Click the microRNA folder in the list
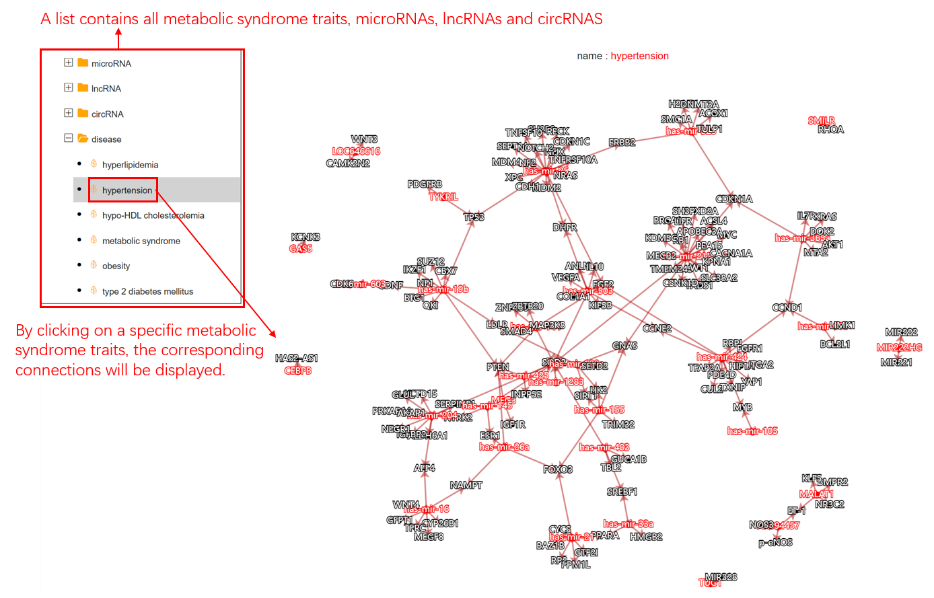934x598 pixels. [x=111, y=64]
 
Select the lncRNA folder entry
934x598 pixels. [x=106, y=89]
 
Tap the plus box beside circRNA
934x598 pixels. [x=69, y=113]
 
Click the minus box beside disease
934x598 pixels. [x=69, y=139]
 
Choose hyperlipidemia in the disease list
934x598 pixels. [x=130, y=165]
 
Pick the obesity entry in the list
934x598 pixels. [x=116, y=266]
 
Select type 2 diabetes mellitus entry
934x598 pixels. [x=147, y=291]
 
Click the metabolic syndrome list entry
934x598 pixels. [x=141, y=241]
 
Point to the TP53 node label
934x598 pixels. [x=474, y=217]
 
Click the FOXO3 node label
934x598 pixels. [x=558, y=470]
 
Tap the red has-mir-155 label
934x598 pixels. [x=599, y=410]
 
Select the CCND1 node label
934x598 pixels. [x=787, y=307]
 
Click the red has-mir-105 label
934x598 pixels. [x=752, y=431]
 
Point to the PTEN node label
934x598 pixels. [x=498, y=367]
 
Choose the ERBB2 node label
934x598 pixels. [x=622, y=143]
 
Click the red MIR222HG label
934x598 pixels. [x=899, y=347]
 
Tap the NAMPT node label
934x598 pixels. [x=466, y=485]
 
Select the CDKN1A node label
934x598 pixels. [x=734, y=199]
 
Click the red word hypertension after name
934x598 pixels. [x=639, y=56]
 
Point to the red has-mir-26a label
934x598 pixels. [x=504, y=447]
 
